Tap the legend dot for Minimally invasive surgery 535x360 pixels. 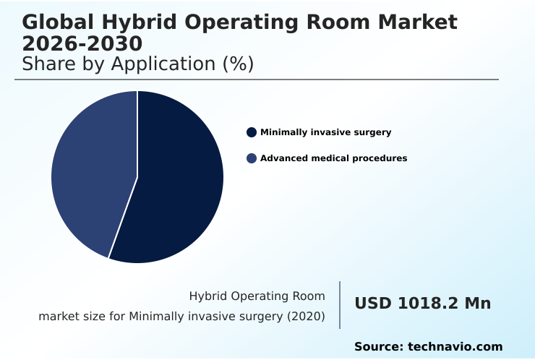coord(252,132)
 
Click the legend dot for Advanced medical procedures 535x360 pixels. coord(252,158)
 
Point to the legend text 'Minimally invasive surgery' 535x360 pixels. coord(325,132)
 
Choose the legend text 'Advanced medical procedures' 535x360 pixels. coord(333,158)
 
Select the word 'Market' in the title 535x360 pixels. coord(419,22)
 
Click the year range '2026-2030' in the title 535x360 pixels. coord(82,43)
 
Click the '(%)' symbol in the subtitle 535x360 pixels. coord(238,64)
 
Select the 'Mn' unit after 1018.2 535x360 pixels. coord(477,304)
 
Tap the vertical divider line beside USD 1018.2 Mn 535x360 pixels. coord(340,305)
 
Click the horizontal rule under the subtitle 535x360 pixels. coord(257,80)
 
